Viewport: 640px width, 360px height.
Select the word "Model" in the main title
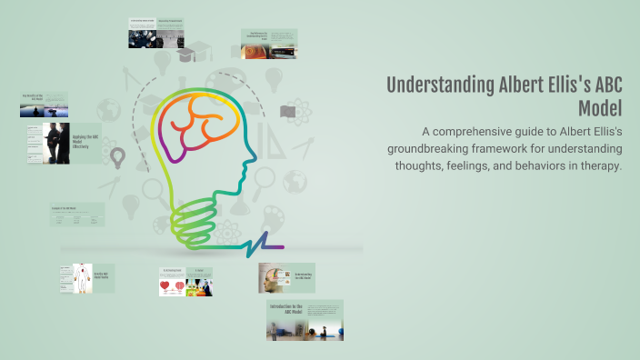click(x=599, y=108)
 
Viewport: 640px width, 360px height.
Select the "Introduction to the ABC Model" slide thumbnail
click(x=305, y=321)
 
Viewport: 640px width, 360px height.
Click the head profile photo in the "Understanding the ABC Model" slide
click(x=272, y=278)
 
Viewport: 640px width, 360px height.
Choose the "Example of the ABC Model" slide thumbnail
click(x=77, y=214)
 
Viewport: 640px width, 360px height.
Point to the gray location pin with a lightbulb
click(x=117, y=159)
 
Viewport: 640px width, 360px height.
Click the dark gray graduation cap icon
click(x=185, y=55)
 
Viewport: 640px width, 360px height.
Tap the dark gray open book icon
click(x=288, y=112)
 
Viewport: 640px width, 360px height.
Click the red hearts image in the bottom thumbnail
click(x=170, y=286)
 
